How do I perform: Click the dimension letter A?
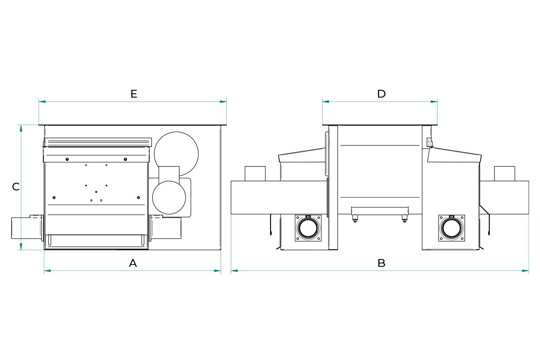[x=133, y=263]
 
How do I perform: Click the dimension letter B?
[x=381, y=263]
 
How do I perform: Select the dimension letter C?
[x=16, y=186]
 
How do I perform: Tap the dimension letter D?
[x=381, y=94]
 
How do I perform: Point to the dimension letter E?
[x=134, y=94]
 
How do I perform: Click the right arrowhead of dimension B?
[x=525, y=271]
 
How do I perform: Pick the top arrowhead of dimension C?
[x=21, y=128]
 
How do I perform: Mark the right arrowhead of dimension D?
[x=434, y=101]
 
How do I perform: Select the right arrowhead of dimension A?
[x=218, y=271]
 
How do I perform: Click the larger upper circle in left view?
[x=176, y=154]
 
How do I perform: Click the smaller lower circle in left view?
[x=169, y=198]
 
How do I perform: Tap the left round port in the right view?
[x=308, y=228]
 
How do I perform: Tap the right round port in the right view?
[x=451, y=228]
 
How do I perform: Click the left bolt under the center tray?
[x=355, y=221]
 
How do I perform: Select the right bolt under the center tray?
[x=404, y=221]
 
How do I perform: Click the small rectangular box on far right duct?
[x=505, y=173]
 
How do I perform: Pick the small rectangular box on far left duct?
[x=255, y=173]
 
